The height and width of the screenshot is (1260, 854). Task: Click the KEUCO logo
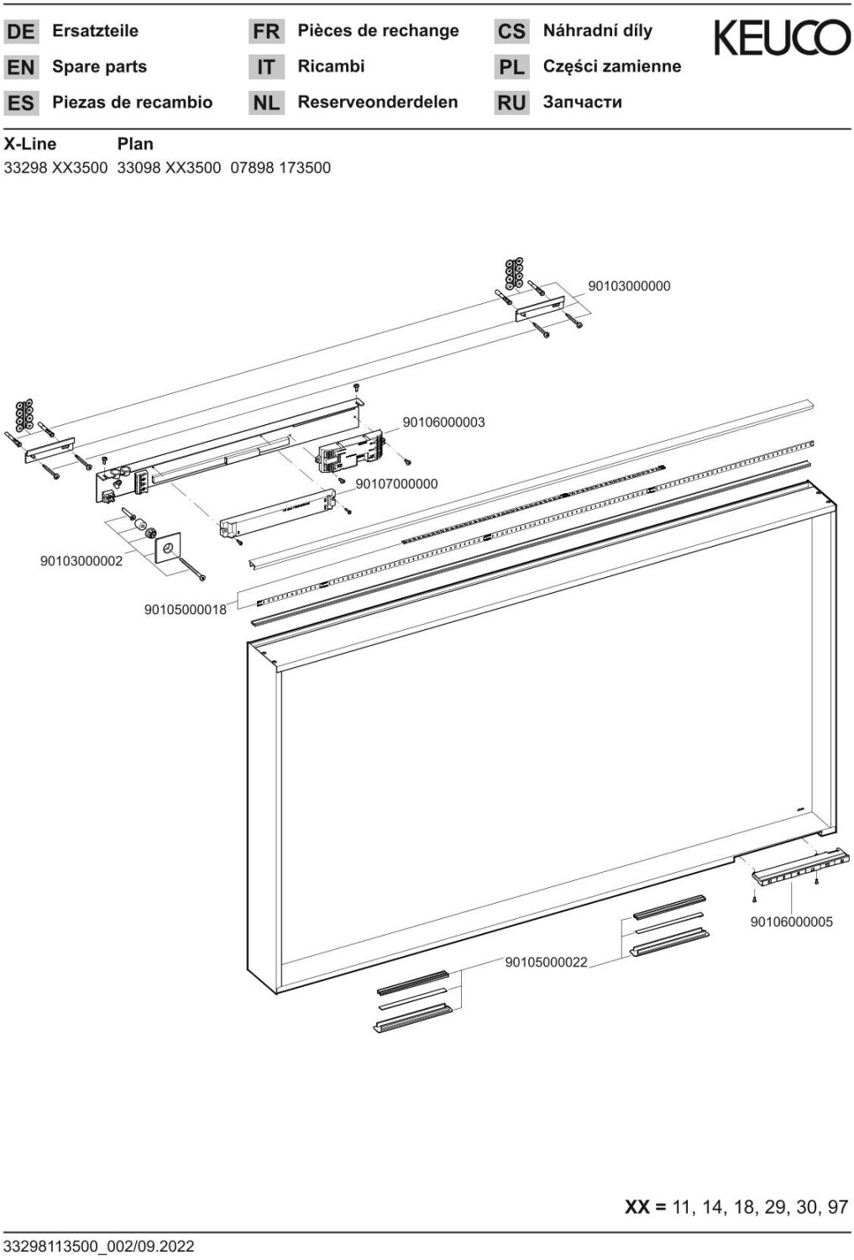click(x=781, y=38)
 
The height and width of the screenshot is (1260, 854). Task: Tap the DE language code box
click(x=21, y=32)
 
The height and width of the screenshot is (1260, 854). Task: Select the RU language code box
click(x=511, y=103)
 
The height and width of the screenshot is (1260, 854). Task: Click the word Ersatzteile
click(x=95, y=31)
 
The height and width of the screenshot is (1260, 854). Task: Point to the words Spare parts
click(x=99, y=67)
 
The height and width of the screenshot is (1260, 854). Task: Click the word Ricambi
click(x=331, y=66)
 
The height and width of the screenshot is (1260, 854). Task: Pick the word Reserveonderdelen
click(x=377, y=102)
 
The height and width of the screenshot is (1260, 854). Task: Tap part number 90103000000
click(x=629, y=286)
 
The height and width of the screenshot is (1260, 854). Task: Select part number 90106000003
click(x=443, y=423)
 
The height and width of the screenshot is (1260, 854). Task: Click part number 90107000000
click(x=396, y=484)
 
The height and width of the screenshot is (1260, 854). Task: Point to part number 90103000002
click(x=81, y=561)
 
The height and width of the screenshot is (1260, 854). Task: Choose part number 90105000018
click(x=185, y=610)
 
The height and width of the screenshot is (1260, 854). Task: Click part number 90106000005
click(x=791, y=921)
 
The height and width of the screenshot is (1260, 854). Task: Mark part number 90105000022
click(x=546, y=962)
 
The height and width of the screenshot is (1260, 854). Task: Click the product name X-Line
click(x=30, y=144)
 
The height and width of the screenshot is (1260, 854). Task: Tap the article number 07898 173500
click(x=280, y=168)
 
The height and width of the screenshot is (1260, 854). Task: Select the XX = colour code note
click(x=736, y=1207)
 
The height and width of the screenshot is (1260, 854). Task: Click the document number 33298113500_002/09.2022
click(x=99, y=1246)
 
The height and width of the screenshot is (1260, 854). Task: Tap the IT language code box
click(x=266, y=67)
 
